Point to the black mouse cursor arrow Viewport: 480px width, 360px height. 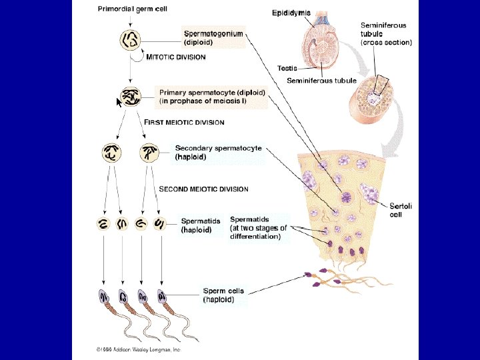(x=119, y=102)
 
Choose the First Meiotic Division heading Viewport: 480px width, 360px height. (x=184, y=122)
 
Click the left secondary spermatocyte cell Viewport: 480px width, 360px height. (x=111, y=153)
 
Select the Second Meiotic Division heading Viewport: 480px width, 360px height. (x=203, y=189)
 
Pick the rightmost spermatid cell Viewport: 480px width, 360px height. (x=160, y=225)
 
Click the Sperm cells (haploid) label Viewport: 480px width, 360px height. (x=223, y=295)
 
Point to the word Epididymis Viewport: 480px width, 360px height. (x=291, y=13)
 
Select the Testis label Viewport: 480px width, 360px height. (x=287, y=68)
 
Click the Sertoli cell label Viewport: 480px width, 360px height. (x=400, y=211)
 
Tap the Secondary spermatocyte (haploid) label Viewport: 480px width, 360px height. (x=218, y=153)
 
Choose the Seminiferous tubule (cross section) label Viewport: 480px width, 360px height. (x=386, y=34)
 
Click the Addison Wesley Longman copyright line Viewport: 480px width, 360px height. (x=138, y=349)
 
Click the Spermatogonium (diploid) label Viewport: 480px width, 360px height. (x=213, y=37)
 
